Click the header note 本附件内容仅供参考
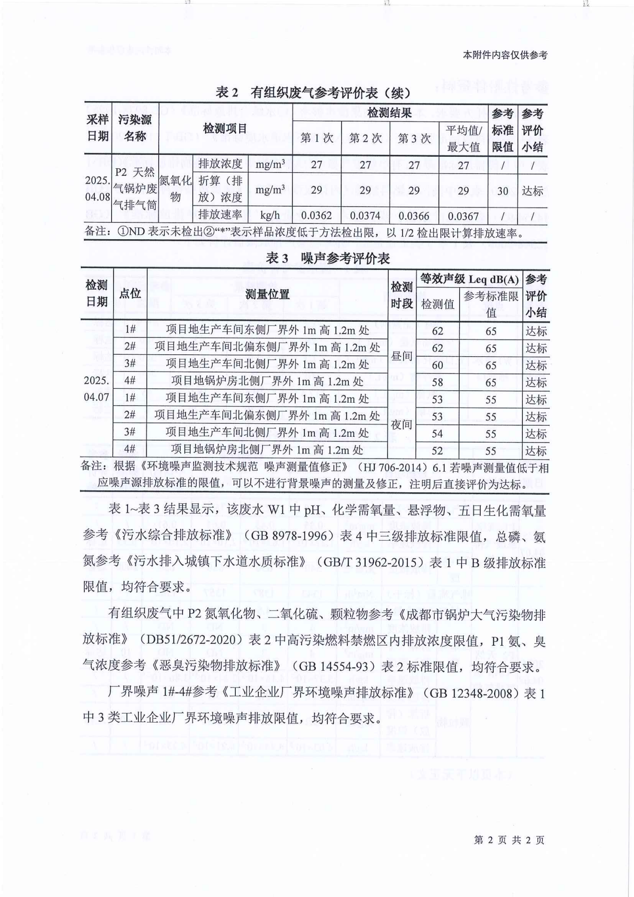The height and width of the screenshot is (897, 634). pyautogui.click(x=505, y=55)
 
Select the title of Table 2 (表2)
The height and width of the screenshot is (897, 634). pyautogui.click(x=313, y=93)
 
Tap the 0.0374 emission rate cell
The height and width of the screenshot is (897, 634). pyautogui.click(x=365, y=216)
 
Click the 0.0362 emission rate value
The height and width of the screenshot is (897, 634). pyautogui.click(x=316, y=216)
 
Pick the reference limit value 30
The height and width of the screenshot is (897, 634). pyautogui.click(x=502, y=191)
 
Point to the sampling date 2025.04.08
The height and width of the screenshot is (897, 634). pyautogui.click(x=98, y=189)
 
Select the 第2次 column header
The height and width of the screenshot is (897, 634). pyautogui.click(x=365, y=139)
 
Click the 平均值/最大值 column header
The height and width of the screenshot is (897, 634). pyautogui.click(x=463, y=139)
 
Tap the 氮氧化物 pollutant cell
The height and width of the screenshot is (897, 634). pyautogui.click(x=175, y=189)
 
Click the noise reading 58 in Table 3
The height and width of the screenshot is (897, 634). pyautogui.click(x=437, y=383)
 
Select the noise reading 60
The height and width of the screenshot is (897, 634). pyautogui.click(x=437, y=365)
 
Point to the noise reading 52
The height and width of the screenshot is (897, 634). pyautogui.click(x=437, y=451)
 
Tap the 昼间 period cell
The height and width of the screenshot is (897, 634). pyautogui.click(x=402, y=356)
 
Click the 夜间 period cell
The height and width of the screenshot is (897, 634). pyautogui.click(x=402, y=425)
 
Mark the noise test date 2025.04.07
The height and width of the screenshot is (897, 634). pyautogui.click(x=97, y=389)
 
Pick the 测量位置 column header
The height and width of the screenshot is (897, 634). pyautogui.click(x=267, y=294)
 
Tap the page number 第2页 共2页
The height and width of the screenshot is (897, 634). pyautogui.click(x=509, y=839)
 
